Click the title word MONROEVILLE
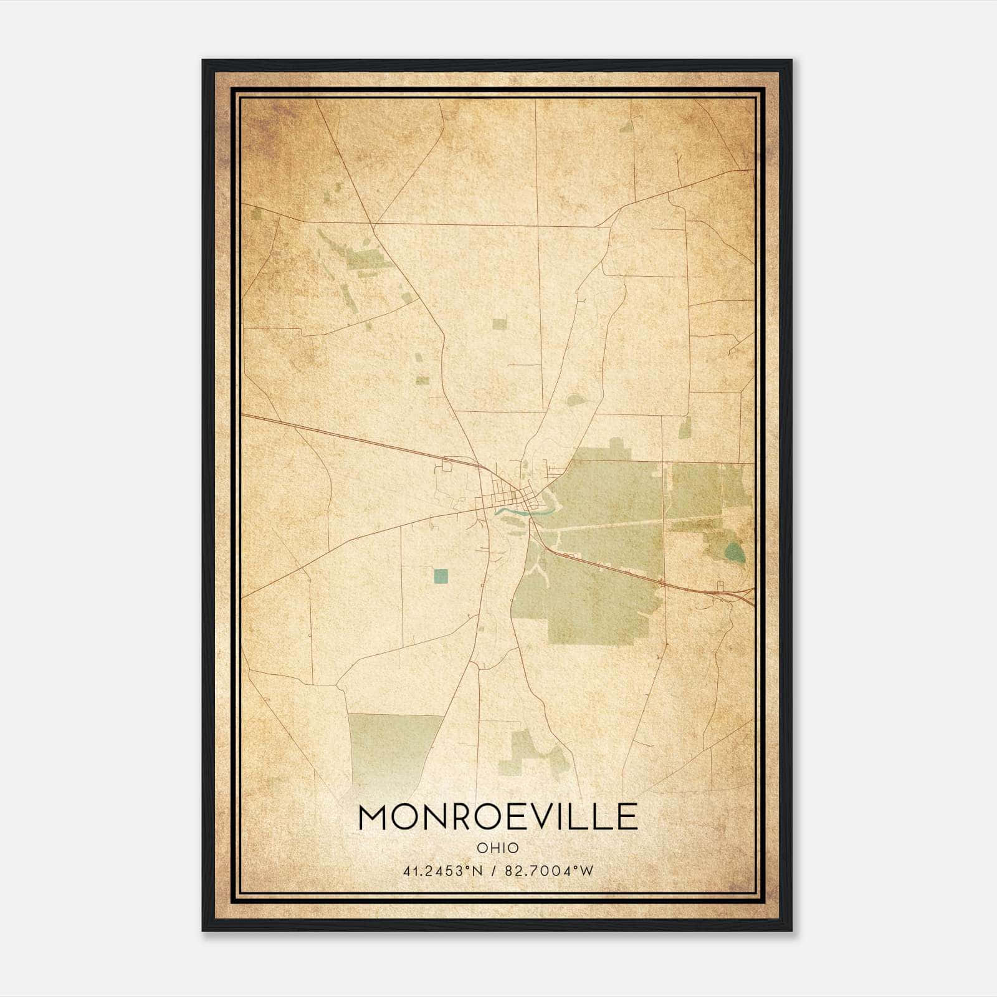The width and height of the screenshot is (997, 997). (497, 817)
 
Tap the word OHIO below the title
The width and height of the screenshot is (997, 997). (497, 847)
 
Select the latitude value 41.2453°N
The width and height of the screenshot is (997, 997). (443, 871)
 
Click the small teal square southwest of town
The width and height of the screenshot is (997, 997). (441, 576)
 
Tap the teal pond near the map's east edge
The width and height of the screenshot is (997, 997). (735, 551)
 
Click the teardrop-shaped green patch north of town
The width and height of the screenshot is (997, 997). (576, 400)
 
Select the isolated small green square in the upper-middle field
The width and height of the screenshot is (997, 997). (499, 323)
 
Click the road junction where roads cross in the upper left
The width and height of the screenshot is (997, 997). (374, 225)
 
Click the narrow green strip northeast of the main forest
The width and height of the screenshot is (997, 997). (685, 427)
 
